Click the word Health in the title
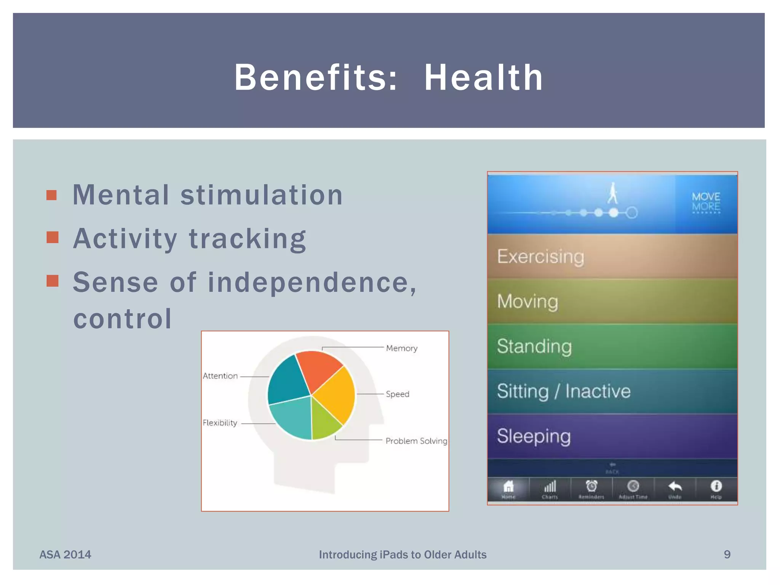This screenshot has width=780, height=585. point(484,78)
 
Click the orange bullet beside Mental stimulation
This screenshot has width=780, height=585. point(52,195)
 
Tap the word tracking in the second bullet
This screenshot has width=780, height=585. point(248,239)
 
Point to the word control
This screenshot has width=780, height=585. point(122,319)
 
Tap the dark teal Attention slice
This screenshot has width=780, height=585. point(288,381)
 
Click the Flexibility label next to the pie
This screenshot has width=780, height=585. point(220,423)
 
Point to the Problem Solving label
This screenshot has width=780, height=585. point(416,441)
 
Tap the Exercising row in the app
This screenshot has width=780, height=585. point(612,256)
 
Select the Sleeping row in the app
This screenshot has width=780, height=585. point(612,436)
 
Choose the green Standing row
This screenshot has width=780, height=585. point(612,346)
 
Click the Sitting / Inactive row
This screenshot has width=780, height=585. point(612,391)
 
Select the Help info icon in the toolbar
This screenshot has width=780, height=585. point(716,487)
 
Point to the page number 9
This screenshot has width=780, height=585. point(727,555)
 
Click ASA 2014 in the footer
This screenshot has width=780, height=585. point(65,555)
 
